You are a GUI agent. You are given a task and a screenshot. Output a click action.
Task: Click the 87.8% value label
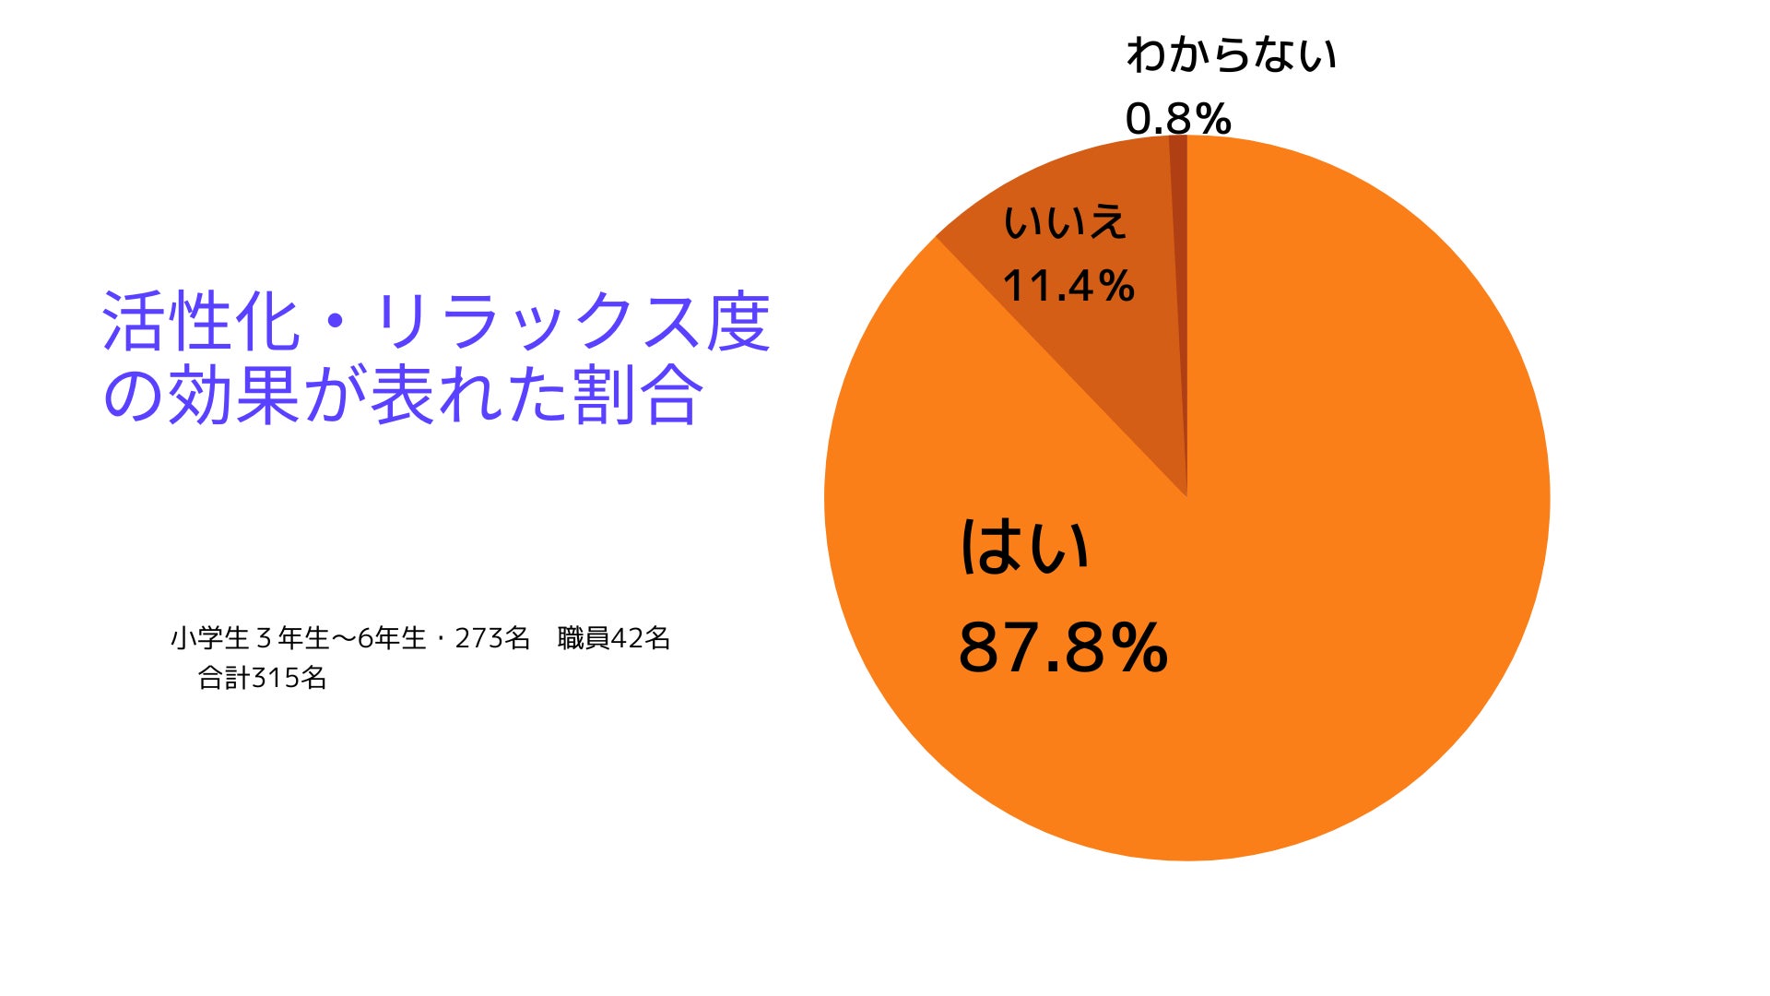click(x=1063, y=647)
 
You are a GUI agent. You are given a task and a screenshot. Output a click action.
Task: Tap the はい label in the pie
click(x=1024, y=547)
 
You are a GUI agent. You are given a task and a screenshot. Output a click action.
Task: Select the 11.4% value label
click(x=1068, y=286)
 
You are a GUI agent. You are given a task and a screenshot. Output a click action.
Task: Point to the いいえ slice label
click(x=1065, y=222)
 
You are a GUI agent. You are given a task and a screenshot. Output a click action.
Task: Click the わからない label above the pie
click(x=1231, y=54)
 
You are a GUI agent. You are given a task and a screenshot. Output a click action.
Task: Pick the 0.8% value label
click(x=1178, y=119)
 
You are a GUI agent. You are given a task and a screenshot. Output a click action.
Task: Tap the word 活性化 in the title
click(x=201, y=322)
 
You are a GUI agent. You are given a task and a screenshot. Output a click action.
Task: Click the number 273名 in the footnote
click(x=492, y=638)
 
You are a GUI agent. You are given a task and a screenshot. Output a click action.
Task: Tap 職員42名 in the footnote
click(x=614, y=638)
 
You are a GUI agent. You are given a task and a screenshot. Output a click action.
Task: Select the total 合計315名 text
click(x=263, y=679)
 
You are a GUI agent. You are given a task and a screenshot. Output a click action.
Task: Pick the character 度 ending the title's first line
click(x=737, y=322)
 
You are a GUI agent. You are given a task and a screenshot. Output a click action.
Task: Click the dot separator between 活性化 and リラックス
click(x=336, y=322)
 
